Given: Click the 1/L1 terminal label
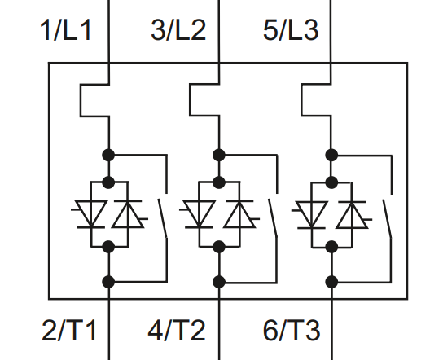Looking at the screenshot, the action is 65,30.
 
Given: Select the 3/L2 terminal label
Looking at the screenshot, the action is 178,30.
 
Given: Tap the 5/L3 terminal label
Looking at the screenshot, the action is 291,30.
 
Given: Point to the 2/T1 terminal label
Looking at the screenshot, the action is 69,330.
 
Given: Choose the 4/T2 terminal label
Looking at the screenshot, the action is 177,330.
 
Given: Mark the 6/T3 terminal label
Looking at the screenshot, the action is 292,330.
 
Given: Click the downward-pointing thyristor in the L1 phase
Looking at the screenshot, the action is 90,214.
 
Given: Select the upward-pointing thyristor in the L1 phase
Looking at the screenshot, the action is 129,214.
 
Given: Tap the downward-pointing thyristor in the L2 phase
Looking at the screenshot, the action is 199,214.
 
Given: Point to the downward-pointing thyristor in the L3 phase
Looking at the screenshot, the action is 311,215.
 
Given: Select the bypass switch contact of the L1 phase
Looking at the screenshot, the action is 163,218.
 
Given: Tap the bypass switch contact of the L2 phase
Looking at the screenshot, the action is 273,218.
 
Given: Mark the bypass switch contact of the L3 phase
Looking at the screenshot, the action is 387,219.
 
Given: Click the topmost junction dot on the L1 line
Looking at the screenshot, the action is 108,156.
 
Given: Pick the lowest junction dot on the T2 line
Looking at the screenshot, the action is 219,282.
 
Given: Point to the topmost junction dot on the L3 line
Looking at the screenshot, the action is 331,156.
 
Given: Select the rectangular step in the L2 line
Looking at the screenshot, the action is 204,100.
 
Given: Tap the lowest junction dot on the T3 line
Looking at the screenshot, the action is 331,282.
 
